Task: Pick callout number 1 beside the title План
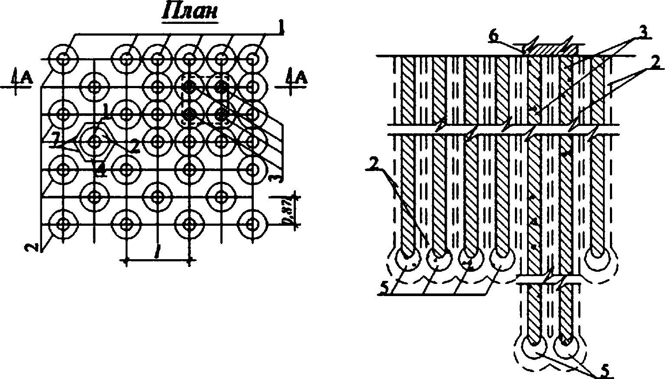coord(281,29)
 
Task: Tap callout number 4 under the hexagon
coord(101,170)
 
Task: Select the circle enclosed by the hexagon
coord(95,142)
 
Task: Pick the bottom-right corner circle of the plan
coord(252,224)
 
